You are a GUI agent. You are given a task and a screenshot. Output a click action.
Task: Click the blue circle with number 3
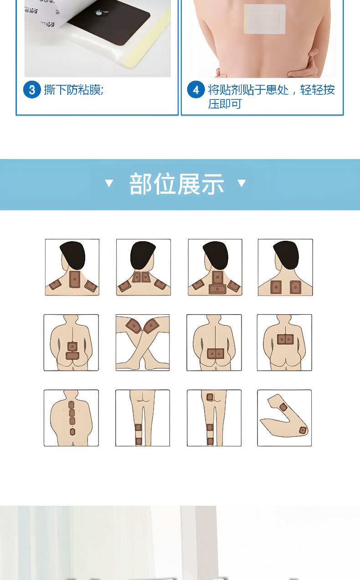pyautogui.click(x=32, y=90)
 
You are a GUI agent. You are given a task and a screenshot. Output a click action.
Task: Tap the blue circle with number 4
pyautogui.click(x=196, y=90)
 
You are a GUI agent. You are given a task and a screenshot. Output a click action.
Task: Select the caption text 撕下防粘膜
pyautogui.click(x=74, y=90)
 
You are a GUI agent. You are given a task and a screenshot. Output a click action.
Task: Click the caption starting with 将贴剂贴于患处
pyautogui.click(x=271, y=96)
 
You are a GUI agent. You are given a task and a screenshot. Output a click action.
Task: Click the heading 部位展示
pyautogui.click(x=177, y=184)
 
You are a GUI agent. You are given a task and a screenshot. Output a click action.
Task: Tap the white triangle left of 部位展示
pyautogui.click(x=109, y=183)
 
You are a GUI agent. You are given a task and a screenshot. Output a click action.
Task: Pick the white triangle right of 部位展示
pyautogui.click(x=242, y=183)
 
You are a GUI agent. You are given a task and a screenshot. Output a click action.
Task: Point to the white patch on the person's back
pyautogui.click(x=264, y=19)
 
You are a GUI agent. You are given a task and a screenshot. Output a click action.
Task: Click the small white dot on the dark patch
pyautogui.click(x=98, y=14)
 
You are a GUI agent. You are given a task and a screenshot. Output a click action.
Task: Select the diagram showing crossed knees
pyautogui.click(x=143, y=342)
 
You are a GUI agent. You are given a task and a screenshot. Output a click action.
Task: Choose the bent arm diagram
pyautogui.click(x=284, y=418)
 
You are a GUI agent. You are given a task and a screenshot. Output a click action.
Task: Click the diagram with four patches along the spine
pyautogui.click(x=71, y=418)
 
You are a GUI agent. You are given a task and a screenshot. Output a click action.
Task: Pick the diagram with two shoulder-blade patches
pyautogui.click(x=285, y=267)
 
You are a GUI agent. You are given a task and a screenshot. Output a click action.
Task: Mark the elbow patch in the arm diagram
pyautogui.click(x=303, y=430)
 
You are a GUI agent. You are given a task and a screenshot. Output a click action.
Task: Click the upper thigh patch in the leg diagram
pyautogui.click(x=210, y=397)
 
